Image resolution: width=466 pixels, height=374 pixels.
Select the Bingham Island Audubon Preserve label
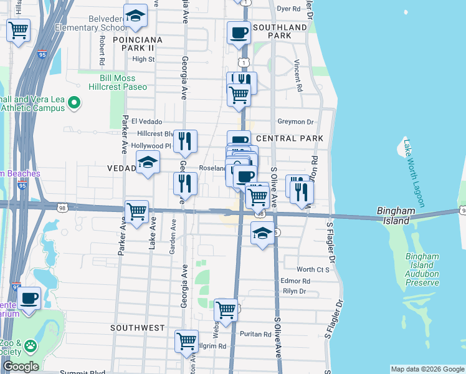coord(422,269)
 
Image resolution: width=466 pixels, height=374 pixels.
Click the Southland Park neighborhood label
coord(280,32)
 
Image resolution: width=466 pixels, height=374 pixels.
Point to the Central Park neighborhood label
coord(290,138)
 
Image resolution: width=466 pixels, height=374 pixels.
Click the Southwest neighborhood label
coord(138,327)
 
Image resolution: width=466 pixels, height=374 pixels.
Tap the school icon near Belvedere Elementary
coord(135,17)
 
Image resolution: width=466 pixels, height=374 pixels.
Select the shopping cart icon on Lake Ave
coord(137,211)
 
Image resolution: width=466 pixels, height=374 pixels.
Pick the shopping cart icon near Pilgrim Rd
coord(186,342)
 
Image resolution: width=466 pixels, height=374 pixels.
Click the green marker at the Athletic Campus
coord(75,102)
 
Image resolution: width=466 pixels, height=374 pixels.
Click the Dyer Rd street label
coord(288,9)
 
